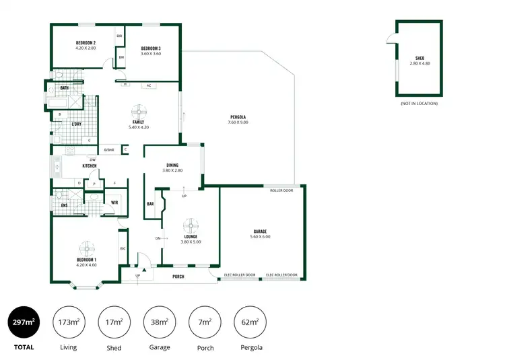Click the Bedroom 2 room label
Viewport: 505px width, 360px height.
tap(86, 43)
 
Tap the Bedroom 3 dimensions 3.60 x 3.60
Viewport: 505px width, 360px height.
tap(150, 53)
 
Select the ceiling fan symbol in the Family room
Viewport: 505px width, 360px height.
tap(139, 111)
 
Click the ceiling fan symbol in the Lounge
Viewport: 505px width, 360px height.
tap(191, 226)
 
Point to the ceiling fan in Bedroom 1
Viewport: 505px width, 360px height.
tap(86, 248)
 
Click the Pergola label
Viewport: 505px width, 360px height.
tap(238, 117)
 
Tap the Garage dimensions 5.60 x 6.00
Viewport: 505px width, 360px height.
tap(260, 236)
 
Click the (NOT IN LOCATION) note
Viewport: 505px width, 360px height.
tap(418, 103)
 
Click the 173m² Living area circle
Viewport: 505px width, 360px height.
tap(68, 322)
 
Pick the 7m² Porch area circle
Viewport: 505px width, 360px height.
tap(204, 322)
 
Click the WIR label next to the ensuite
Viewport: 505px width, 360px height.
tap(114, 201)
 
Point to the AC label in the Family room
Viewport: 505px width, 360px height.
tap(149, 85)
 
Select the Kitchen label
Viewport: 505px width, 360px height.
tap(90, 166)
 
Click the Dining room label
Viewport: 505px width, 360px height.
tap(172, 165)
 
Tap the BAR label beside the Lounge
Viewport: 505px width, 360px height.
tap(150, 204)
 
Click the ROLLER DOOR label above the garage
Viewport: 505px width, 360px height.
tap(281, 190)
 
